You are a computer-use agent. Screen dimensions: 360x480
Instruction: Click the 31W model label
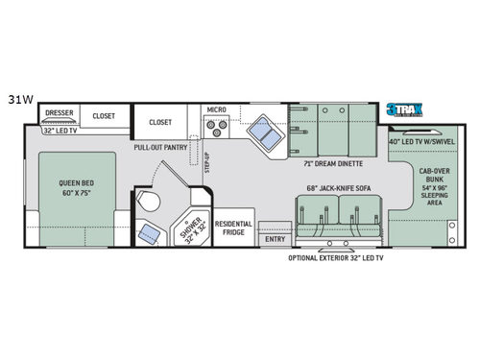[x=18, y=98]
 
